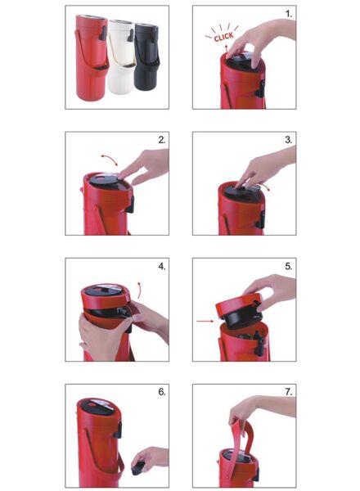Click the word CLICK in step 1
pyautogui.click(x=224, y=37)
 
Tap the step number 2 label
pyautogui.click(x=162, y=140)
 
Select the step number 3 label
pyautogui.click(x=289, y=140)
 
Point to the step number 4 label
pyautogui.click(x=162, y=267)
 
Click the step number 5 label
pyautogui.click(x=289, y=267)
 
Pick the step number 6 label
pyautogui.click(x=162, y=392)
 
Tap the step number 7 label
pyautogui.click(x=289, y=392)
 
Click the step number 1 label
pyautogui.click(x=289, y=14)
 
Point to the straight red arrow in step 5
pyautogui.click(x=205, y=321)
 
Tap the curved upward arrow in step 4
pyautogui.click(x=140, y=290)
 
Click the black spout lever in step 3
pyautogui.click(x=260, y=219)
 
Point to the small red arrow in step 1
pyautogui.click(x=227, y=48)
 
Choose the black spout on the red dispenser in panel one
pyautogui.click(x=103, y=33)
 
